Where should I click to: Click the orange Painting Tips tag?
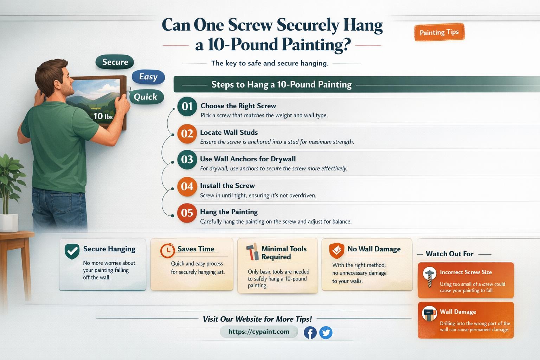coord(439,32)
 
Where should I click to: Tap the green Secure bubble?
coord(115,62)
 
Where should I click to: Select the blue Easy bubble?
coord(148,77)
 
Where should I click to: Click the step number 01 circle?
coord(187,106)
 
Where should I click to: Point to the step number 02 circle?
coord(187,134)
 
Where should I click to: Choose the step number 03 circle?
coord(187,160)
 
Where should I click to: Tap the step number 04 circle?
coord(187,186)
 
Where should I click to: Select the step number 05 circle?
coord(187,213)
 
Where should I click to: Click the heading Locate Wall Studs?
coord(229,133)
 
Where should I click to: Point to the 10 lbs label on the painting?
coord(103,116)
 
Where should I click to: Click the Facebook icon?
coord(310,333)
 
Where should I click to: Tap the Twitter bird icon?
coord(326,333)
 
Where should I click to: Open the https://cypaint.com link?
coord(259,332)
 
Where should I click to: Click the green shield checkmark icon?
coord(72,251)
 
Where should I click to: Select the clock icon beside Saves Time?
coord(168,251)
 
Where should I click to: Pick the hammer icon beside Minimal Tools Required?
coord(252,252)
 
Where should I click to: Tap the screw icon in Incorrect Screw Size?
coord(429,277)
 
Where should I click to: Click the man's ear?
coord(57,84)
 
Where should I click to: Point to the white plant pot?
coord(9,223)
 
